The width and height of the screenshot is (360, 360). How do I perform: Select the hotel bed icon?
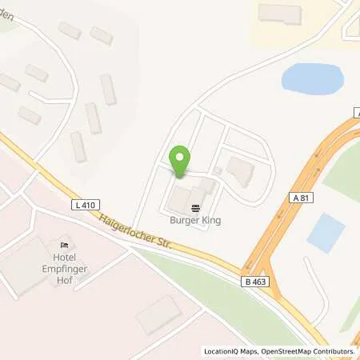click(65, 245)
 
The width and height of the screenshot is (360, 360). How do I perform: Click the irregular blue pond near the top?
click(311, 78)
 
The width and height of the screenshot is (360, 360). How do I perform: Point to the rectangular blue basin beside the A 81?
click(326, 231)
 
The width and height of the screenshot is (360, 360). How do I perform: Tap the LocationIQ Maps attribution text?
click(230, 351)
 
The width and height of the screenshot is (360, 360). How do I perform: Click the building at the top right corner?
click(281, 13)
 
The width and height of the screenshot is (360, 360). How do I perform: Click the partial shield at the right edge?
click(356, 114)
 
